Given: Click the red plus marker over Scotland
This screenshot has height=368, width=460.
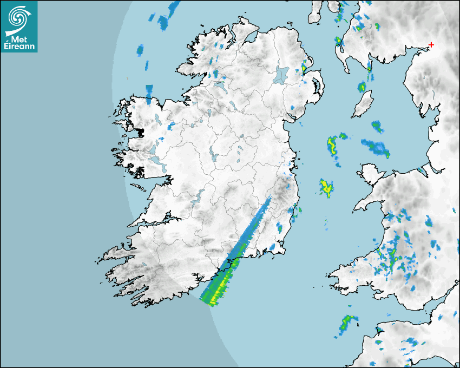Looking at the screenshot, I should point(431,44).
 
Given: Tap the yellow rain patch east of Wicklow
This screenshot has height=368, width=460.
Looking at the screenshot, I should point(326,187).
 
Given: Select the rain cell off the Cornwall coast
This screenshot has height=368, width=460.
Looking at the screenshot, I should point(346,323).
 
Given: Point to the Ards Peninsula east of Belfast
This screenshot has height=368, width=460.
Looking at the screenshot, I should point(319,87).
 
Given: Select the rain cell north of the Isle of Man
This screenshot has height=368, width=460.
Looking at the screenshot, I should point(362,86).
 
